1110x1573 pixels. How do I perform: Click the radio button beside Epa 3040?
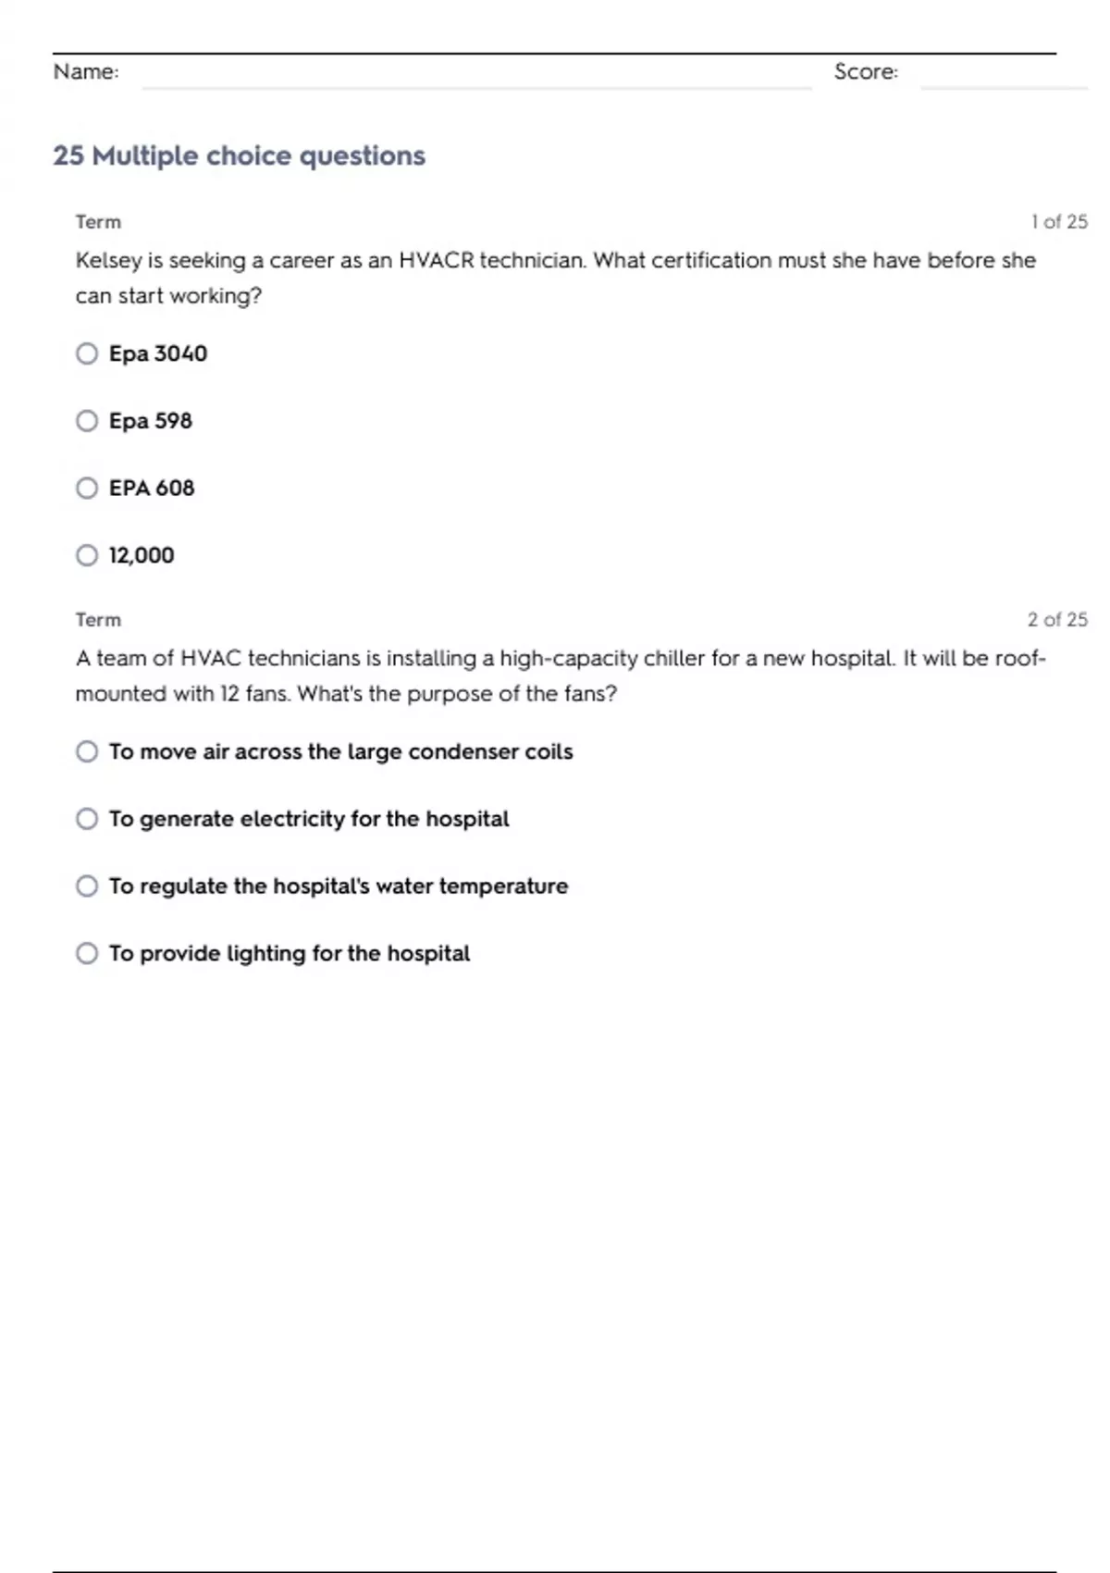coord(87,353)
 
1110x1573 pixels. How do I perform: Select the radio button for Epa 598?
coord(87,421)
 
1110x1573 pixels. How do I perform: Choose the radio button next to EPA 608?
coord(87,488)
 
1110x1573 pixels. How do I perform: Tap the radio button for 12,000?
coord(87,555)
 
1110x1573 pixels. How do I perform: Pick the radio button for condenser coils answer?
coord(87,751)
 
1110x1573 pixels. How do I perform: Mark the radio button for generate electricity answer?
coord(87,819)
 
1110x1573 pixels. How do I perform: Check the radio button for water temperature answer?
coord(87,886)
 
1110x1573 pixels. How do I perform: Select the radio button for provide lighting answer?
coord(87,953)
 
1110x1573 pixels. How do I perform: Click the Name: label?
coord(86,71)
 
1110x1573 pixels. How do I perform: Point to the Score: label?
coord(866,71)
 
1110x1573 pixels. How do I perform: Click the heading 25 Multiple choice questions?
coord(239,155)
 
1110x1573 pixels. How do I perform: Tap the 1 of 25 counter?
coord(1059,222)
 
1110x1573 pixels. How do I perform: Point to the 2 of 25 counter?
coord(1057,620)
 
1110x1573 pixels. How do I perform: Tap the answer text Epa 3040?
coord(158,353)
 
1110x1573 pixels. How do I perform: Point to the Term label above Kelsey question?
coord(98,222)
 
